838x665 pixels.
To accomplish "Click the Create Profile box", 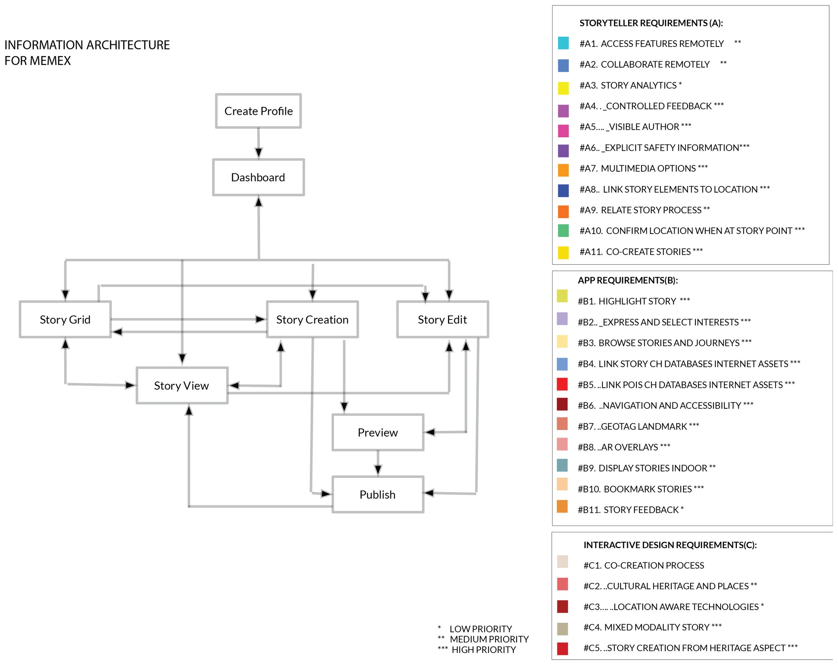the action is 259,111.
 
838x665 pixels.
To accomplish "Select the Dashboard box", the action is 259,177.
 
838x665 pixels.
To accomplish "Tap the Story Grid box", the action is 65,320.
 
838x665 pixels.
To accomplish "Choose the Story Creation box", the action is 313,320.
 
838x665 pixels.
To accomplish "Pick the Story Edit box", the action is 442,320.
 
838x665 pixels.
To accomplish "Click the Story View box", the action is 182,386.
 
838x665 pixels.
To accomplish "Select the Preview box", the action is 378,433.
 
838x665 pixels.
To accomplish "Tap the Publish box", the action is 378,495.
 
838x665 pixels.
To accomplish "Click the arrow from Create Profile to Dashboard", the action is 259,143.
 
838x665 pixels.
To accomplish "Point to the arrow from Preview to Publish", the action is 378,463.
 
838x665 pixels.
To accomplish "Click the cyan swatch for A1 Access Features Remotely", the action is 564,43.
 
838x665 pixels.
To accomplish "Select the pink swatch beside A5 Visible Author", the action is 564,131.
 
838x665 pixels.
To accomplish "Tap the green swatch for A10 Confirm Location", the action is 564,231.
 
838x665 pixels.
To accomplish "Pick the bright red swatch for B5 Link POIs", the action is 562,384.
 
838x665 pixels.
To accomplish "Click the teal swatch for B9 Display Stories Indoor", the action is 562,465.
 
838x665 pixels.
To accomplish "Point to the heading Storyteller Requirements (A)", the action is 651,23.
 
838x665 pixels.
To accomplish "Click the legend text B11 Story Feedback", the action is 631,510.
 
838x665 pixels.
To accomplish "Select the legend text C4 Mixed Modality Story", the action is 652,627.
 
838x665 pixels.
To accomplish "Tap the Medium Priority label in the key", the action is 489,639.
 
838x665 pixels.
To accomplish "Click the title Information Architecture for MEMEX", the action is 87,53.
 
